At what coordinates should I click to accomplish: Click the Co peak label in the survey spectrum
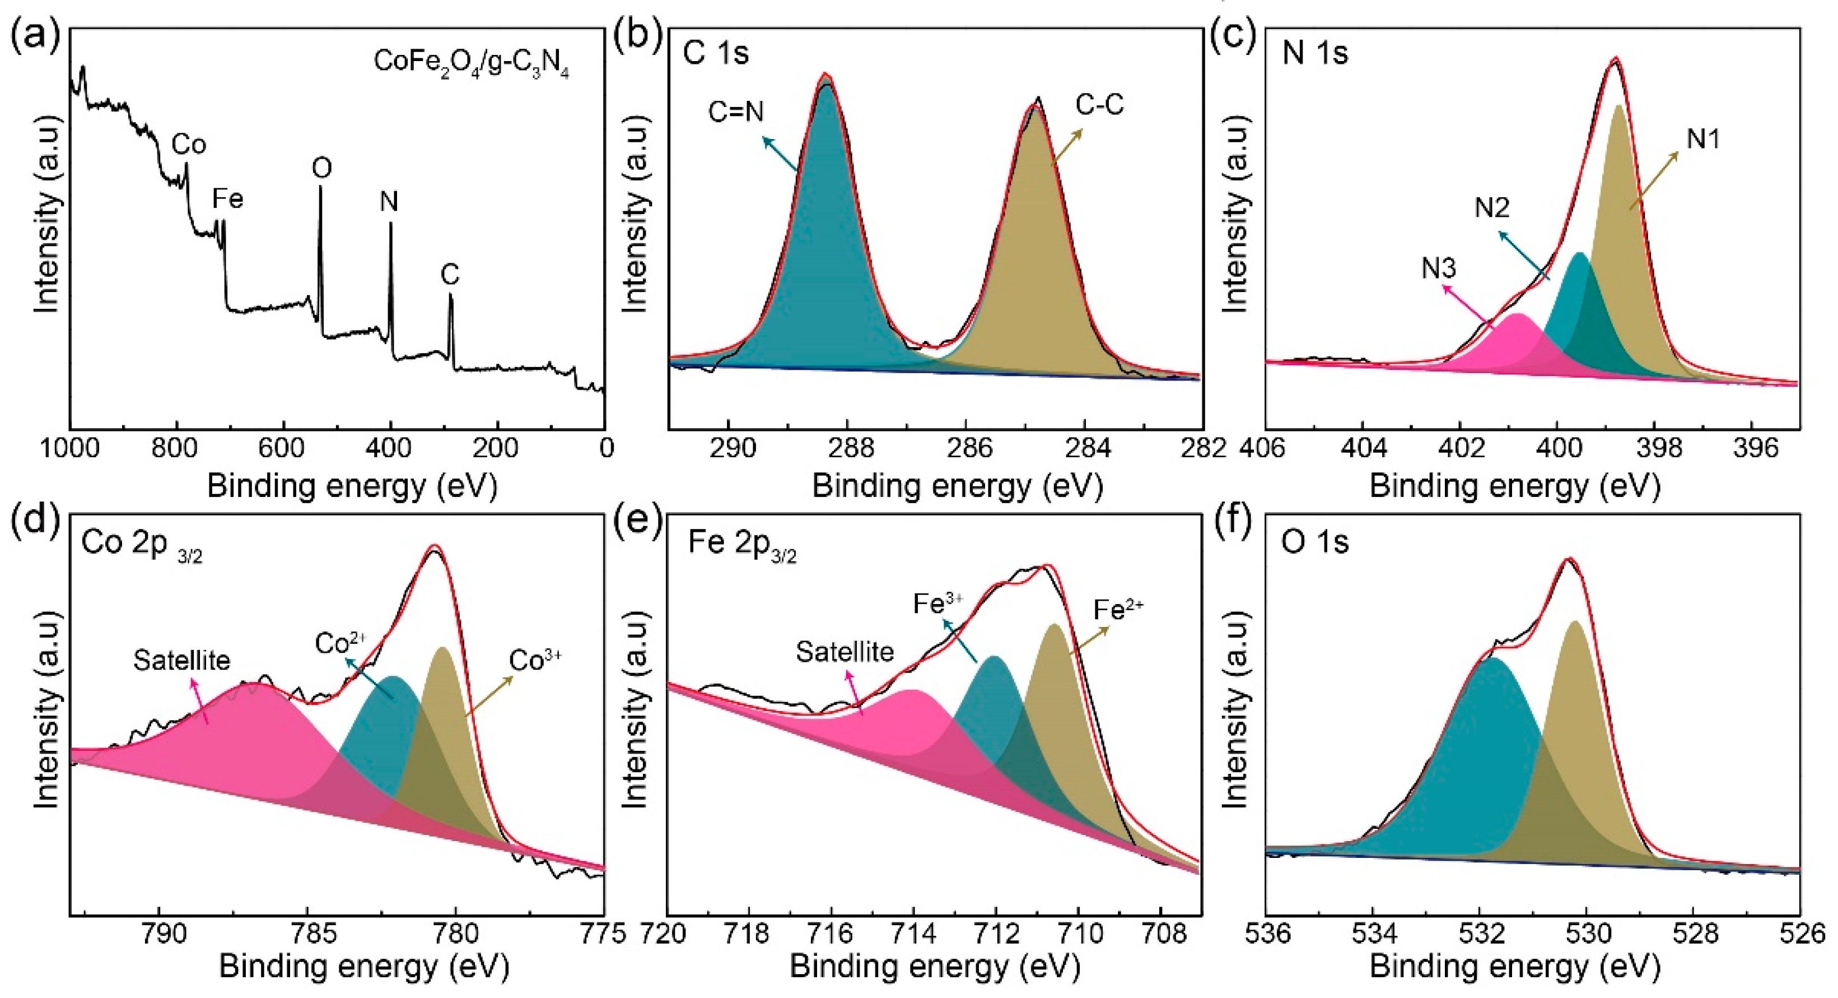point(189,145)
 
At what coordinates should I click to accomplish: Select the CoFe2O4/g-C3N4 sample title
point(472,63)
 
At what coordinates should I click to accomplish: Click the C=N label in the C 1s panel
point(736,112)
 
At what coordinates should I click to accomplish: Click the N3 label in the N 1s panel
point(1439,268)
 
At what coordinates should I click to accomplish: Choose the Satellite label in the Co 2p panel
point(182,660)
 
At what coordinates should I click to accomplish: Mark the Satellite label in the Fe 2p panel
point(845,652)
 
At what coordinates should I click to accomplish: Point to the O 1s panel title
point(1315,543)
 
